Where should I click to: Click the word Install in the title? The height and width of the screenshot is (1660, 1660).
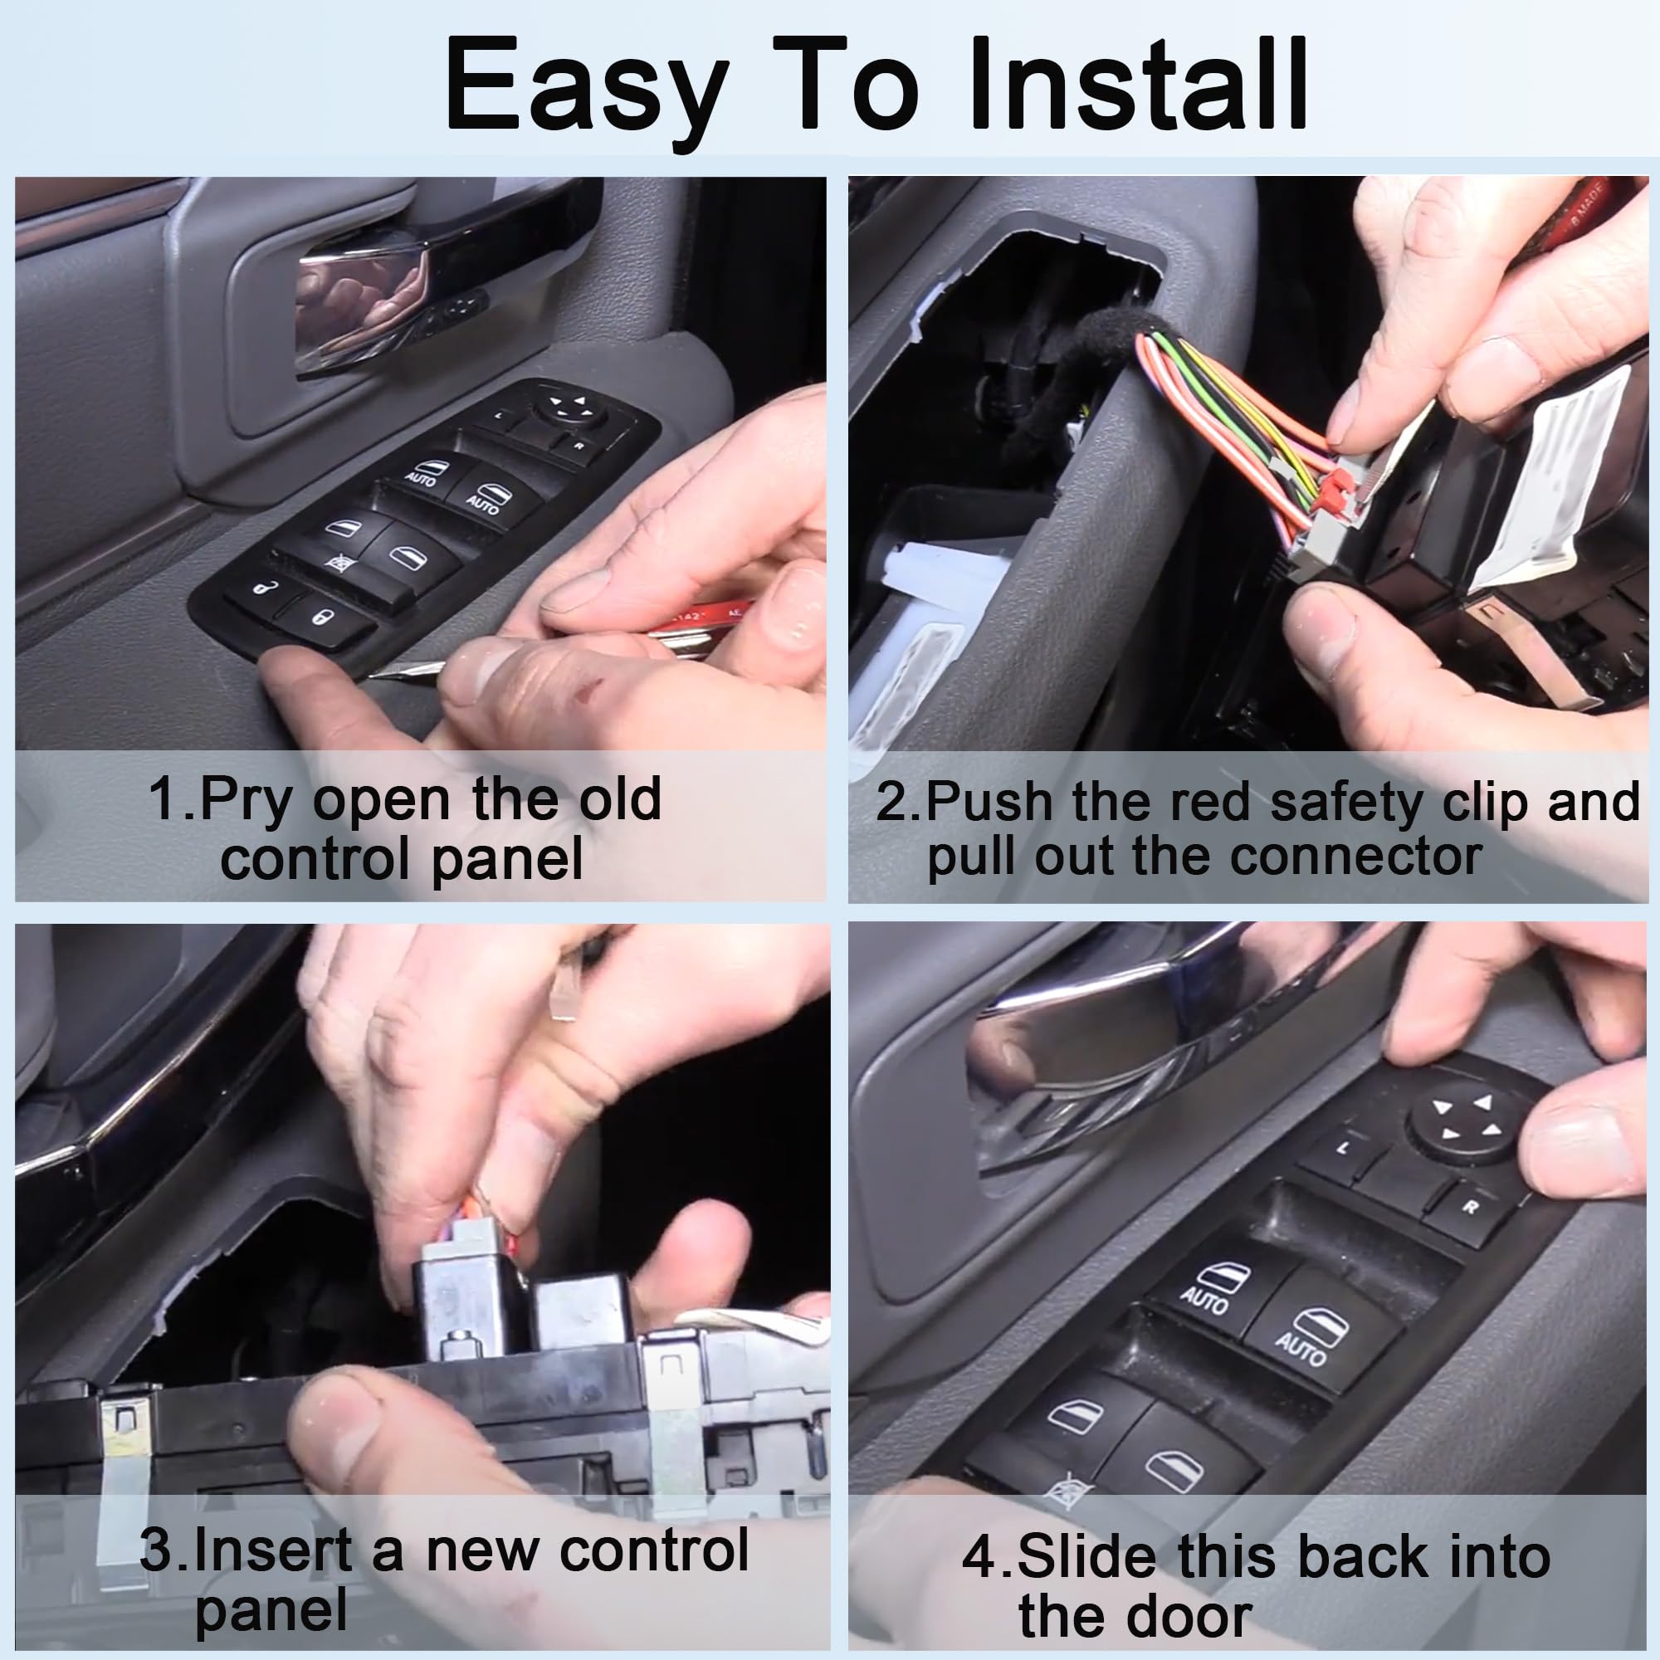1138,86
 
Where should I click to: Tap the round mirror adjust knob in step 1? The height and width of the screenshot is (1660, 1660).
572,405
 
